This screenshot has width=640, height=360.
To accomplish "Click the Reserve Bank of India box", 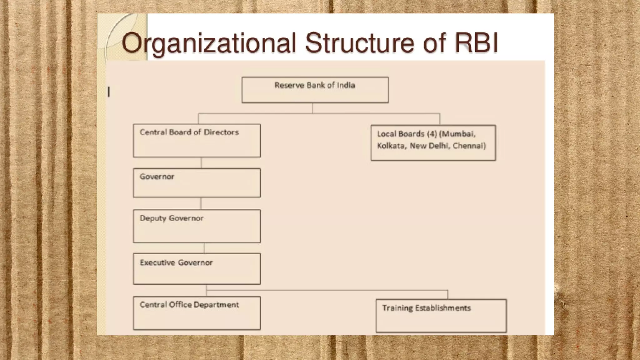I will point(315,90).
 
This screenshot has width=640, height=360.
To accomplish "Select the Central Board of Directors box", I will point(197,141).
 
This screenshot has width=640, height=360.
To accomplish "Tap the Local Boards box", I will point(433,143).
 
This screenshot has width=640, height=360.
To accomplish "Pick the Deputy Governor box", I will point(197,226).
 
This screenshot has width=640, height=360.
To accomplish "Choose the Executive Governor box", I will point(197,269).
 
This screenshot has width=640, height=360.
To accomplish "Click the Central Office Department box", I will point(197,313).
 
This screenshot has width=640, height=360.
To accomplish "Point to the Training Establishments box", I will point(441,316).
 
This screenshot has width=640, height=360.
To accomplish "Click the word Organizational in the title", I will point(208,43).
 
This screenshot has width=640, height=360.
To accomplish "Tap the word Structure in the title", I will point(360,43).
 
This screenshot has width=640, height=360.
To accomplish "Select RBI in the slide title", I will point(476,43).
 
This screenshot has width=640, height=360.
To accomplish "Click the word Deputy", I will point(153,218).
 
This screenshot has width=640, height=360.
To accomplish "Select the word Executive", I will point(157,262).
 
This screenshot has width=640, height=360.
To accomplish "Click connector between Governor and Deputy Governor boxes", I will point(201,203).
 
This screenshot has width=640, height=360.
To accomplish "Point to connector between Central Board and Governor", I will point(201,163).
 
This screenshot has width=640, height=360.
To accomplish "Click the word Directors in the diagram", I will point(221,132).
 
